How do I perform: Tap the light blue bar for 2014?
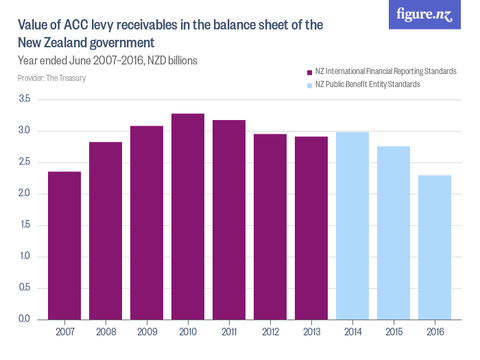[352, 226]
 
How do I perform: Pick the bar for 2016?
[435, 248]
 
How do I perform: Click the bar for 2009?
[147, 222]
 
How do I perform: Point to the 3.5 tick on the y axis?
[25, 99]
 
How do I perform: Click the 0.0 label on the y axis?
[25, 320]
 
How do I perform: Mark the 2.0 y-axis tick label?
[25, 194]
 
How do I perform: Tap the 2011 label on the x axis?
[229, 332]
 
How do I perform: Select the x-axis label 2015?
[394, 332]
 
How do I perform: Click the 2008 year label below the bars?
[106, 332]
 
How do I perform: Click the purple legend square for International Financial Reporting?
[309, 72]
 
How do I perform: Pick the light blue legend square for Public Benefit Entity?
[309, 85]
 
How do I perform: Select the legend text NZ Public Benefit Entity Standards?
[368, 85]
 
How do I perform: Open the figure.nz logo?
[424, 14]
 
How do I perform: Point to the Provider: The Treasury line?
[51, 78]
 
